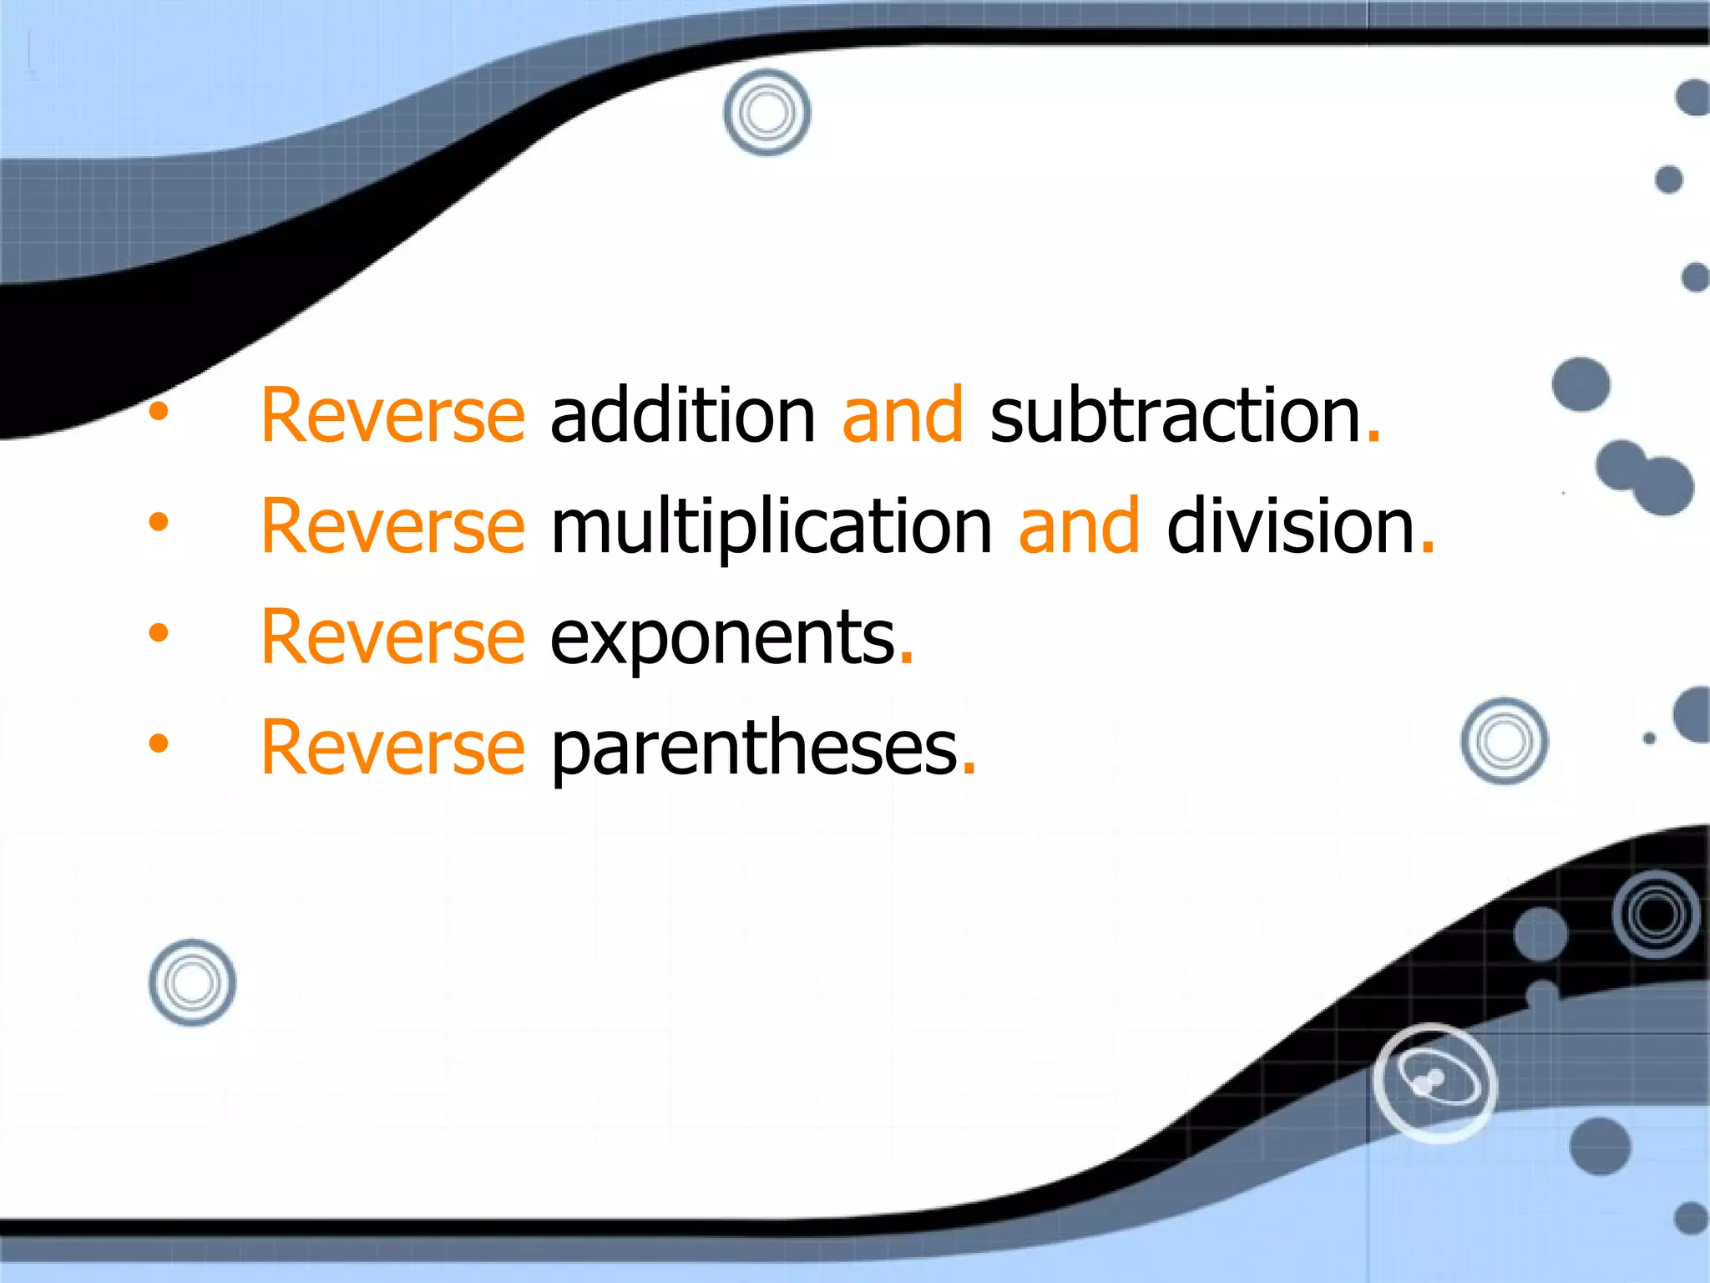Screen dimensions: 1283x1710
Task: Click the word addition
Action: pyautogui.click(x=682, y=415)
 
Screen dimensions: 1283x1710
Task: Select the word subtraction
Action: pyautogui.click(x=1176, y=415)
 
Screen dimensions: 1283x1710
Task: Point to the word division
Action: pyautogui.click(x=1291, y=526)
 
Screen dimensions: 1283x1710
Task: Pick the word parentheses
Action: pyautogui.click(x=754, y=748)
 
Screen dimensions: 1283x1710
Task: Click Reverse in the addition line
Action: pyautogui.click(x=392, y=415)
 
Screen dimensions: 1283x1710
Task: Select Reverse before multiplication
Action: pyautogui.click(x=392, y=526)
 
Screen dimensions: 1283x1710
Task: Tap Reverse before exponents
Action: pyautogui.click(x=392, y=637)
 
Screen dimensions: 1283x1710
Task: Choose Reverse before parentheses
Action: pyautogui.click(x=392, y=748)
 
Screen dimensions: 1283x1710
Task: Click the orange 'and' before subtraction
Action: pyautogui.click(x=903, y=415)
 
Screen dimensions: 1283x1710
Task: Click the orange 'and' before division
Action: pyautogui.click(x=1079, y=526)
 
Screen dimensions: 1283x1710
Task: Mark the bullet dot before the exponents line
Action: pyautogui.click(x=159, y=632)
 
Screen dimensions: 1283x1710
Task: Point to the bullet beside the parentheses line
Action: pyautogui.click(x=159, y=743)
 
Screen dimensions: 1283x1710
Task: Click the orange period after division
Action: pyautogui.click(x=1427, y=547)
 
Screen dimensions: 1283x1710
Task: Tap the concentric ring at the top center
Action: pyautogui.click(x=766, y=112)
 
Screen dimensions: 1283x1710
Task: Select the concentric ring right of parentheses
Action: pyautogui.click(x=1504, y=741)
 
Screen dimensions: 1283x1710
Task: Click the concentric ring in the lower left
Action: pyautogui.click(x=192, y=982)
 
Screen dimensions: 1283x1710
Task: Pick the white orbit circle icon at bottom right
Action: pyautogui.click(x=1434, y=1083)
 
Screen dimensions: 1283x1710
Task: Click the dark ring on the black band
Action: pyautogui.click(x=1657, y=914)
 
